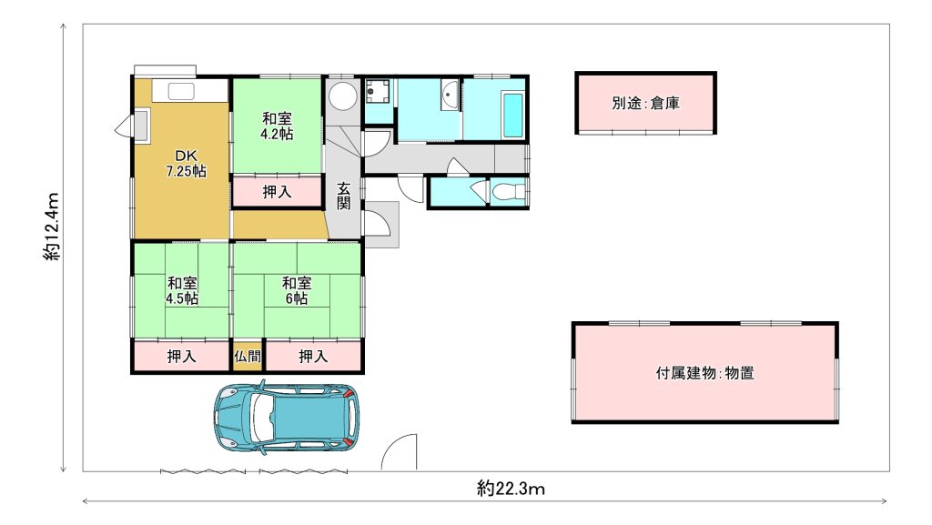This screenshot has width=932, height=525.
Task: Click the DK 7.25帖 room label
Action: (186, 163)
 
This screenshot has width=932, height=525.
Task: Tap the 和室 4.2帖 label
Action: (277, 126)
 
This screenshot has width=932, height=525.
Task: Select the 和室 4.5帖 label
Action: (182, 290)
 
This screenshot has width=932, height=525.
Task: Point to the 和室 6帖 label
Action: (297, 290)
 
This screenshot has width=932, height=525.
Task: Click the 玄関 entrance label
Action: (343, 196)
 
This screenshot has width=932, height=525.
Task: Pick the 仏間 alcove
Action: (248, 356)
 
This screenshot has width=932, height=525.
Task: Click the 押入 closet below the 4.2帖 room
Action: (277, 191)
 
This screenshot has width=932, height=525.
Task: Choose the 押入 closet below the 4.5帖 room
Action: (181, 356)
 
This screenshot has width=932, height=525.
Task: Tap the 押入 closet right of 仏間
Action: (313, 356)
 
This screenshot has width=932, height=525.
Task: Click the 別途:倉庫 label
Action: (645, 103)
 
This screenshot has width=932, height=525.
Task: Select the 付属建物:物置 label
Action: (705, 373)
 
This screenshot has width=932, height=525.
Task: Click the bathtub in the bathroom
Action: (513, 115)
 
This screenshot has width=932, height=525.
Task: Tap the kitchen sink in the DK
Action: (181, 91)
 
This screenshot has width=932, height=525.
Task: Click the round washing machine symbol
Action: (343, 96)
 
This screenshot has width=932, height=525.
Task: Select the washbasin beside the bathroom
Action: (450, 96)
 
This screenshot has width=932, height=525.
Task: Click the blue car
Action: (286, 418)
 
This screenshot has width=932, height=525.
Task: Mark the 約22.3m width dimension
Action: (512, 489)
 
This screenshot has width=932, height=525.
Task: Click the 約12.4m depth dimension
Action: (52, 227)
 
